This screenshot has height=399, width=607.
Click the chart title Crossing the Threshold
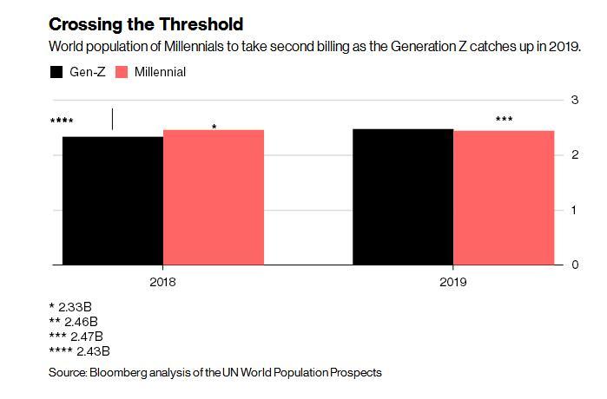[x=146, y=24]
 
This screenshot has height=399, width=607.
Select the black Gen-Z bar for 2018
[x=113, y=200]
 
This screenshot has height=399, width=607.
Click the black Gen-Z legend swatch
[x=57, y=72]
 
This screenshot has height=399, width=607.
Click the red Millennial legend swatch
[x=122, y=72]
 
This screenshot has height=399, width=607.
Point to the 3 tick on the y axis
[x=573, y=101]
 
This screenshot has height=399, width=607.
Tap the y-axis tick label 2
[x=573, y=155]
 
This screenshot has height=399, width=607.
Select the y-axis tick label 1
[x=573, y=210]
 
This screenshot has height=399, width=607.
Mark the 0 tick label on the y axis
[x=573, y=265]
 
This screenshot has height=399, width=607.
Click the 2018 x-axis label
[x=163, y=282]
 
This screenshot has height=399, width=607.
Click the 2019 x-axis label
[x=453, y=282]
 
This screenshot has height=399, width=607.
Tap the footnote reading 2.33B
[x=73, y=306]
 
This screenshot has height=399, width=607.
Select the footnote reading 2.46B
[x=76, y=321]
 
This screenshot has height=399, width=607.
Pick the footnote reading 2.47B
[x=80, y=336]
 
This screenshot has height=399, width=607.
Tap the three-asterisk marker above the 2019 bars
[x=504, y=120]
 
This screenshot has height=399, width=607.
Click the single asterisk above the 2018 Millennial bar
[x=214, y=128]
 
